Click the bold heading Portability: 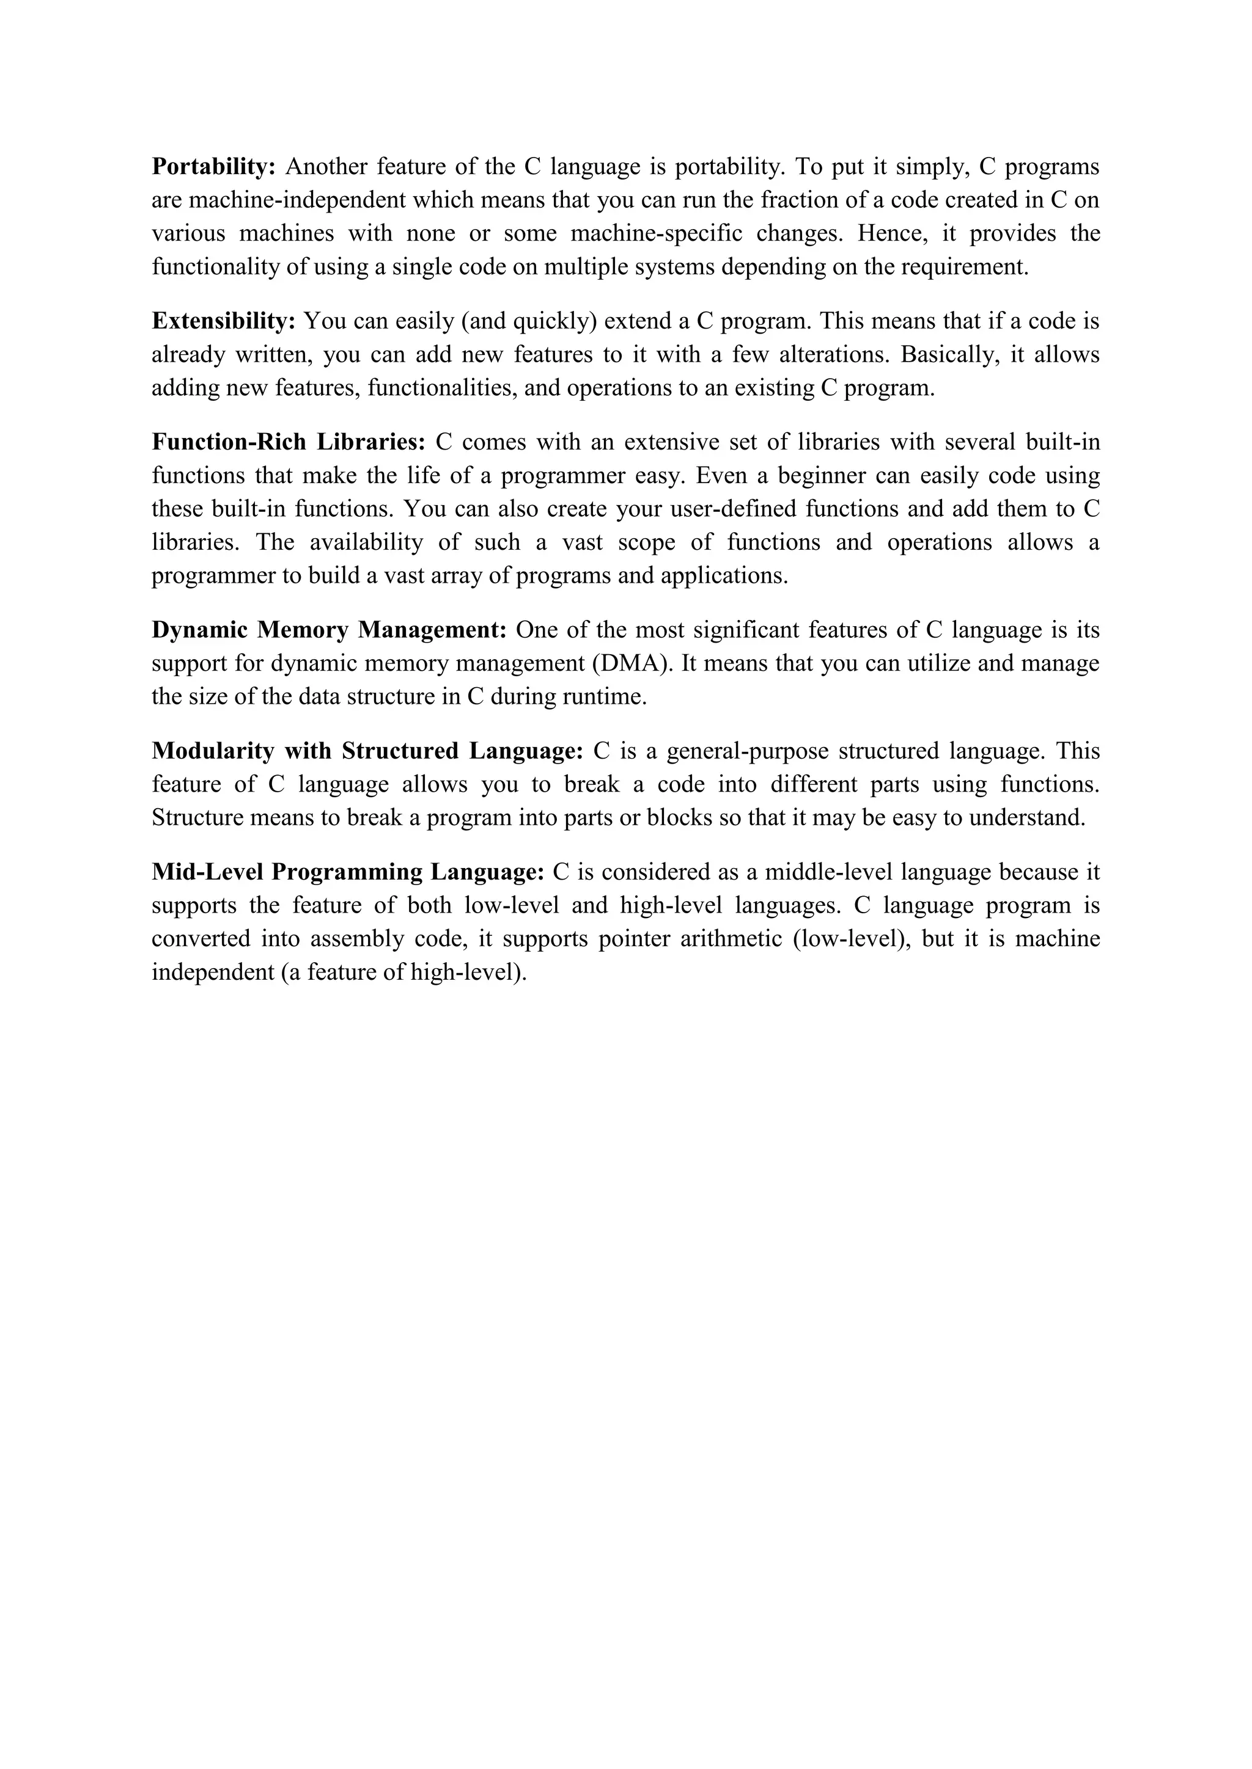(213, 166)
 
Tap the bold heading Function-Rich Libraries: (289, 442)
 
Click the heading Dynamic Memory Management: (328, 630)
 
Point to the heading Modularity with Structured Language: (367, 751)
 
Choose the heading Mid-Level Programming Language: (348, 872)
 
